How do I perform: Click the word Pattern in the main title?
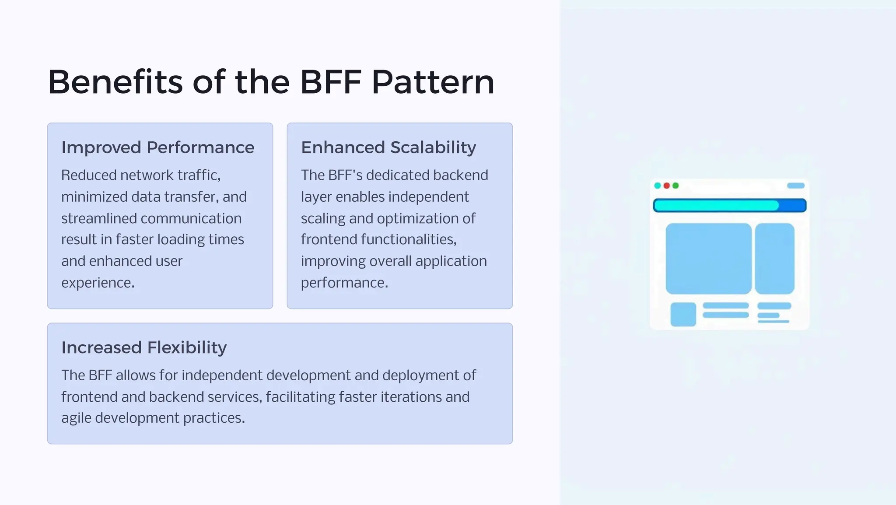[433, 82]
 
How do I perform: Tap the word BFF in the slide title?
[331, 82]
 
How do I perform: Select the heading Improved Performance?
[157, 147]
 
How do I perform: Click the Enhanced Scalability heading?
[388, 147]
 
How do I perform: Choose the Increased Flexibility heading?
[144, 347]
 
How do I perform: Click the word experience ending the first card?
[98, 283]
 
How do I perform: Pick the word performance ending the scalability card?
[344, 283]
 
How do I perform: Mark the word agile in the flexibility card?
[76, 418]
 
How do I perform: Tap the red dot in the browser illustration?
[666, 186]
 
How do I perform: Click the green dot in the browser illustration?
[675, 186]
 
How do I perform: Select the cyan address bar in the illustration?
[716, 205]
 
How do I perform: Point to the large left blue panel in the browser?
[708, 258]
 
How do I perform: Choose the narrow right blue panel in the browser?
[774, 258]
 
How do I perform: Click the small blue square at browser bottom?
[683, 314]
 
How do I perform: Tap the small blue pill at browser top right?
[795, 186]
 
